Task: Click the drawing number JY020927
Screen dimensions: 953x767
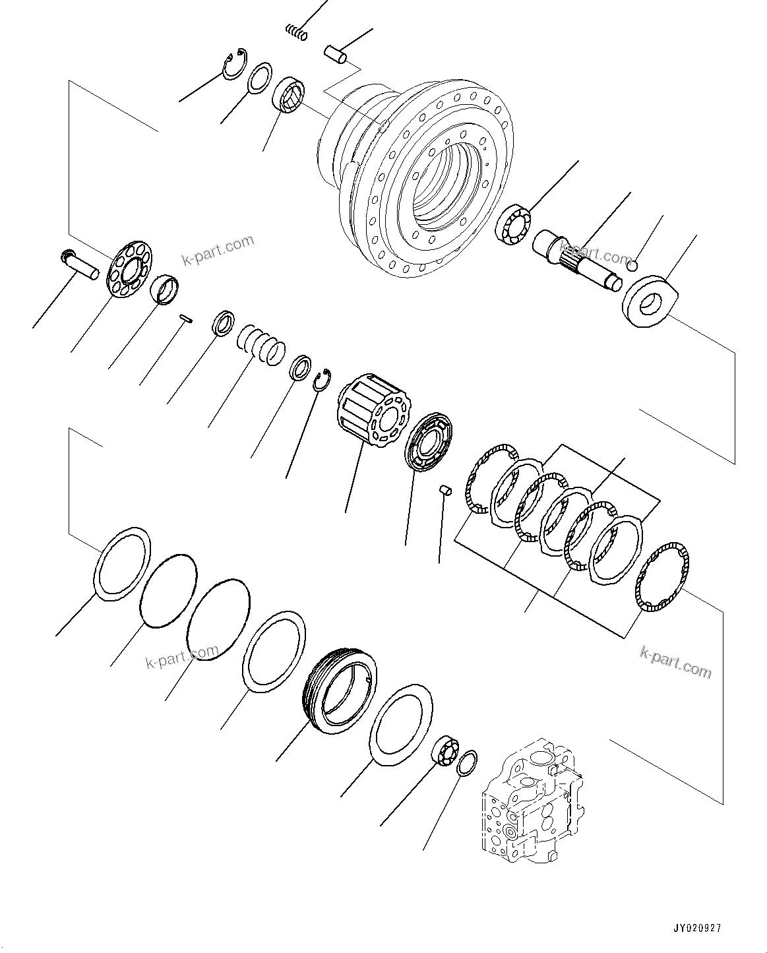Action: tap(697, 927)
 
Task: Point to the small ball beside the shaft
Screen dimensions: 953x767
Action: tap(631, 266)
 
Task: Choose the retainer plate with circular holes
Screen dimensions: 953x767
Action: tap(128, 272)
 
